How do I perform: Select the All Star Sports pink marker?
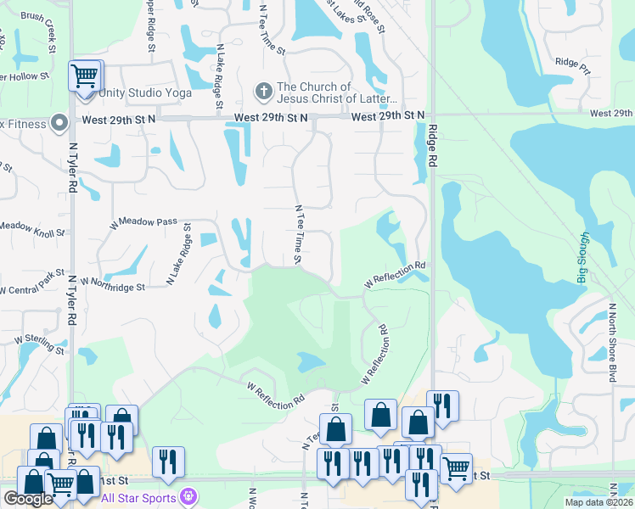pyautogui.click(x=189, y=497)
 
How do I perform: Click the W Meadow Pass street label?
pyautogui.click(x=143, y=222)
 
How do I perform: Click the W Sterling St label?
pyautogui.click(x=39, y=344)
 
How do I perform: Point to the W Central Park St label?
pyautogui.click(x=32, y=282)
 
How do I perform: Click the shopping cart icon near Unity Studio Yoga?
pyautogui.click(x=84, y=76)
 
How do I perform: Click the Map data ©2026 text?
pyautogui.click(x=598, y=502)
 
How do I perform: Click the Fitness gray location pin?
pyautogui.click(x=59, y=124)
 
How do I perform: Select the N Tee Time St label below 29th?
pyautogui.click(x=298, y=234)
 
